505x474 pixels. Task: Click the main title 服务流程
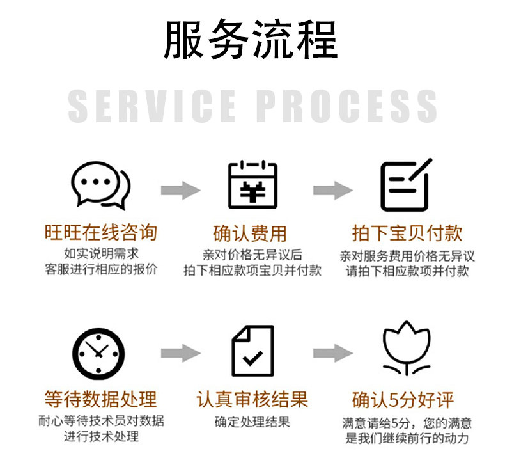[x=251, y=40]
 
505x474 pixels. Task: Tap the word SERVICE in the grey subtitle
[x=152, y=106]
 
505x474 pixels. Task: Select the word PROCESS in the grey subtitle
[x=346, y=106]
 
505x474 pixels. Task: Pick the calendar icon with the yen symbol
[x=253, y=185]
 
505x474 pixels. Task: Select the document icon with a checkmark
[x=252, y=351]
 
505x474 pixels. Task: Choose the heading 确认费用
[x=252, y=232]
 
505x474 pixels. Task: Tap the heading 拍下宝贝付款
[x=407, y=232]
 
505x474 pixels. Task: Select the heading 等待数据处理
[x=100, y=400]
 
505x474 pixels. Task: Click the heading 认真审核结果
[x=252, y=400]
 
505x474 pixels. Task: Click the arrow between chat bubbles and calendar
[x=180, y=190]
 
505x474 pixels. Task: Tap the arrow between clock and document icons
[x=180, y=352]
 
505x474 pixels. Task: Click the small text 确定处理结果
[x=252, y=422]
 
